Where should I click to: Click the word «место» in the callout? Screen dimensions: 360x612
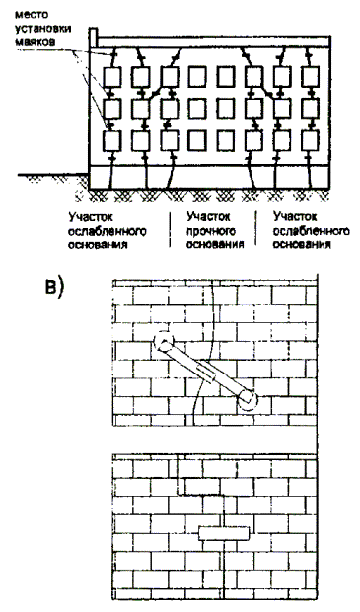[32, 16]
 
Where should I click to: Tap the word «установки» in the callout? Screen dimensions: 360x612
[43, 30]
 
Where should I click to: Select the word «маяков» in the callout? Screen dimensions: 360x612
[36, 41]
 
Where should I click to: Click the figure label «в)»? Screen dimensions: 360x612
[54, 289]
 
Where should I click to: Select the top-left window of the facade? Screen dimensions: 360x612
[112, 77]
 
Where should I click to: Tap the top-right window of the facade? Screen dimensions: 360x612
[311, 77]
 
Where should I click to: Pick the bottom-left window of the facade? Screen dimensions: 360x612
[112, 141]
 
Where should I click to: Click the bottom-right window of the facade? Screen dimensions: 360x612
[311, 141]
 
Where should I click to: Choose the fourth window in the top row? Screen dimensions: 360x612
[197, 77]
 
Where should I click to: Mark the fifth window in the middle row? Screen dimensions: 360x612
[226, 108]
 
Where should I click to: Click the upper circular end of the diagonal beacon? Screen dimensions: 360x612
[164, 342]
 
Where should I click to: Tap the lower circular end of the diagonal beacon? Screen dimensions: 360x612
[248, 399]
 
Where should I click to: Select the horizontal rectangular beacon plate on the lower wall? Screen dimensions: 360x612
[223, 533]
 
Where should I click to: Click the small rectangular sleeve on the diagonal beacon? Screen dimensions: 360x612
[207, 372]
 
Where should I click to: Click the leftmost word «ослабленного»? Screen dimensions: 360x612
[108, 231]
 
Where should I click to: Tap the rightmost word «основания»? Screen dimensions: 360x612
[302, 244]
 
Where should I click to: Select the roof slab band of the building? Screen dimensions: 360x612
[214, 42]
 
